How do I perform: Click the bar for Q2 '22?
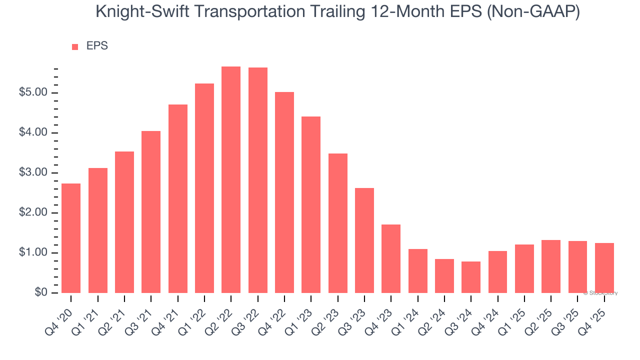(x=231, y=179)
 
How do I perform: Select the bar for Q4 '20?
(x=71, y=238)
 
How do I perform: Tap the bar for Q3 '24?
(x=471, y=277)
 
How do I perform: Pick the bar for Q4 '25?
(x=604, y=267)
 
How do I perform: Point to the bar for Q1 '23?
(x=311, y=204)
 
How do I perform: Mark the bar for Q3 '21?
(x=151, y=212)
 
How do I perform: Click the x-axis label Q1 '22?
(x=195, y=315)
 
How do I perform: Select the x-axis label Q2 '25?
(x=542, y=315)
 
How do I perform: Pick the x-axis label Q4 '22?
(x=275, y=315)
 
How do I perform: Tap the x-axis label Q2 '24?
(x=435, y=315)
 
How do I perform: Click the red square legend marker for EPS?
(x=75, y=46)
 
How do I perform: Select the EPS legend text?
(x=97, y=46)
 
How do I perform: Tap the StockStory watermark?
(x=601, y=293)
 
